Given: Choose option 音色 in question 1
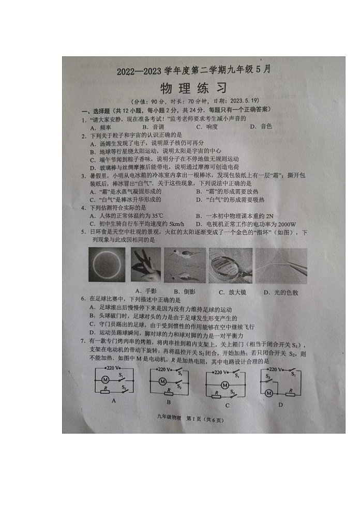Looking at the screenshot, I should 266,127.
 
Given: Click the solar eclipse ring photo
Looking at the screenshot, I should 107,265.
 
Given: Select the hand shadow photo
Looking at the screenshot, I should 145,265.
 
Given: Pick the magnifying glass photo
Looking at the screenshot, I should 231,265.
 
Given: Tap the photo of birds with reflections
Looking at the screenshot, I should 185,265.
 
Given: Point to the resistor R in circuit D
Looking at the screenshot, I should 291,391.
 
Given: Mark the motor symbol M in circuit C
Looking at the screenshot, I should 224,385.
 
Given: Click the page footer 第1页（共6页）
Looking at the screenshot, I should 204,420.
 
